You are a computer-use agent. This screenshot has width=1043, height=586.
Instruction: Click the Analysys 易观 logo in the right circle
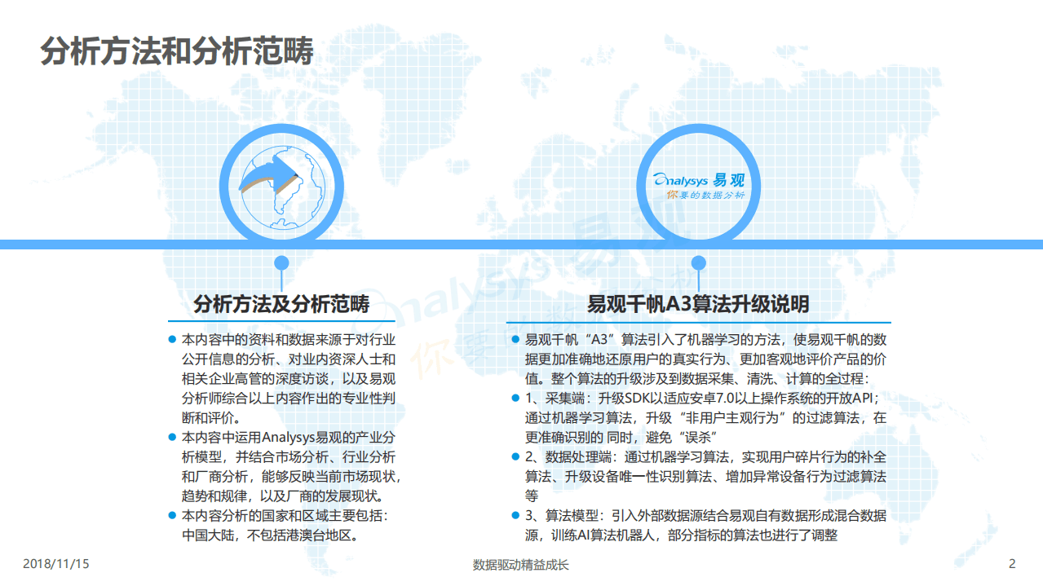click(x=700, y=186)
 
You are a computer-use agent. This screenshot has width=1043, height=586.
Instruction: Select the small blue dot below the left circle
click(x=281, y=262)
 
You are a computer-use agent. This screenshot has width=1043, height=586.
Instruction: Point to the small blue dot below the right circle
click(x=698, y=262)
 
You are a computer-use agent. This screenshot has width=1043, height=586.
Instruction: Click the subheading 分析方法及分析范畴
click(x=281, y=305)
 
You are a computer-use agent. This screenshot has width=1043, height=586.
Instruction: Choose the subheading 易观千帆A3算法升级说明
click(x=698, y=305)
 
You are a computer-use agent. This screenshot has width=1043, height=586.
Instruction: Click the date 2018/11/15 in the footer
click(x=55, y=564)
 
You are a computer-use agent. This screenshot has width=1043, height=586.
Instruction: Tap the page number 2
click(x=1012, y=564)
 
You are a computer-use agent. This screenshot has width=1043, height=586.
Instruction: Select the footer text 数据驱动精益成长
click(x=520, y=565)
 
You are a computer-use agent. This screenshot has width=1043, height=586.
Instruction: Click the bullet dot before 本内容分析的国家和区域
click(x=172, y=515)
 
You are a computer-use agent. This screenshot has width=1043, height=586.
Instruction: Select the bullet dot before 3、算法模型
click(x=515, y=515)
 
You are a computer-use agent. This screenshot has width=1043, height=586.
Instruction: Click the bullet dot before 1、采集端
click(x=515, y=399)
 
